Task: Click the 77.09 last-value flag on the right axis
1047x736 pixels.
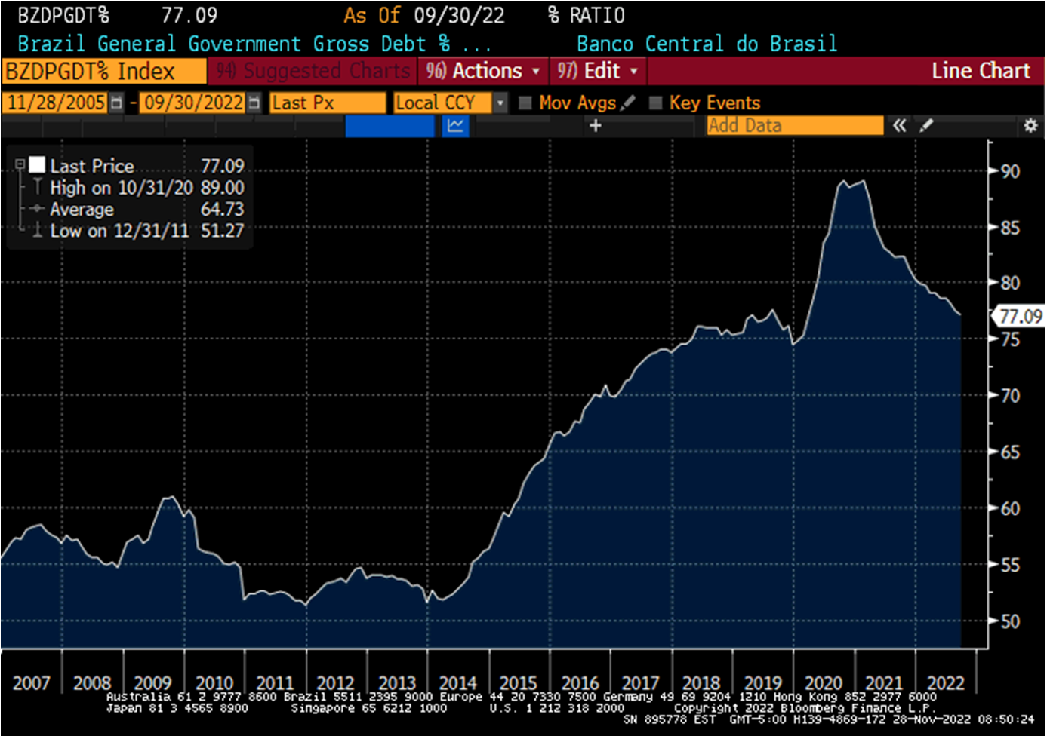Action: (x=1020, y=317)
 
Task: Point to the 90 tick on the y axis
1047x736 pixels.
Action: (x=1010, y=171)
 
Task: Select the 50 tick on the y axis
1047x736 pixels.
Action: (x=1010, y=621)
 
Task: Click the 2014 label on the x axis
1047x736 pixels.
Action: (x=457, y=683)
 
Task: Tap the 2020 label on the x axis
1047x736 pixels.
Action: (x=823, y=683)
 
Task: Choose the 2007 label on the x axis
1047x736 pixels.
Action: (x=31, y=683)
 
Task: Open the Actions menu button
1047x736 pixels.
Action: (x=483, y=71)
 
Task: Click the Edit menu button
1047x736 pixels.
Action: (x=598, y=71)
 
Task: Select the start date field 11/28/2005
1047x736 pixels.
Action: (x=56, y=103)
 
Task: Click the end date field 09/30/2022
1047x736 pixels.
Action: (x=194, y=103)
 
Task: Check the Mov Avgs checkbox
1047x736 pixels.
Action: (x=525, y=103)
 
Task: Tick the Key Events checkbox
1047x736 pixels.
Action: (x=655, y=103)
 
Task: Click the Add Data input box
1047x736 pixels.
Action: (x=794, y=125)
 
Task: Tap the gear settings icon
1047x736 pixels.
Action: (x=1030, y=126)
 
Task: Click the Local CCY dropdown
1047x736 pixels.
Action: (x=450, y=103)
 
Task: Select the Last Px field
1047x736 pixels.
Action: (x=327, y=103)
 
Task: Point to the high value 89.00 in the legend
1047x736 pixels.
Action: (x=223, y=188)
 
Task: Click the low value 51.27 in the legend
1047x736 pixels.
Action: (x=223, y=231)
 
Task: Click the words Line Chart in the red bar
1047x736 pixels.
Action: (x=980, y=71)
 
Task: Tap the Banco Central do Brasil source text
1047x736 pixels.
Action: (x=707, y=44)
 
